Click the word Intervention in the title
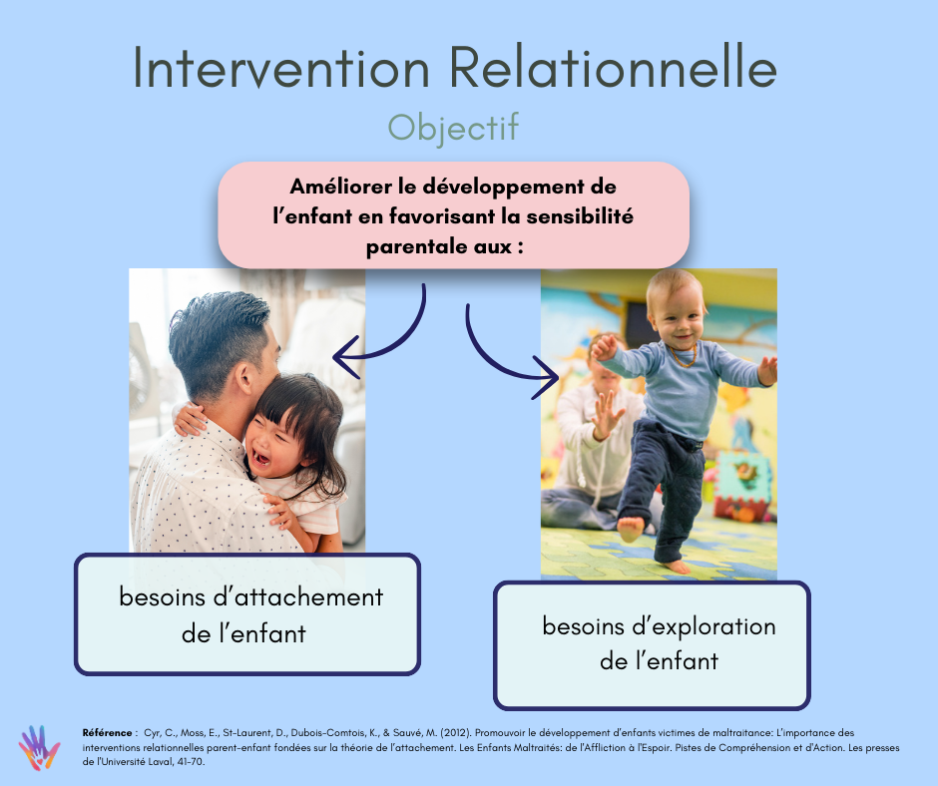click(281, 67)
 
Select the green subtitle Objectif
click(453, 128)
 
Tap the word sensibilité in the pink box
click(580, 215)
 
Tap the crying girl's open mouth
click(260, 459)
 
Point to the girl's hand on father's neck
click(189, 419)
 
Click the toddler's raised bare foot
click(630, 529)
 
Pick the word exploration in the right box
click(704, 626)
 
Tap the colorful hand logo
click(39, 748)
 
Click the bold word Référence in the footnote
click(107, 733)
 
